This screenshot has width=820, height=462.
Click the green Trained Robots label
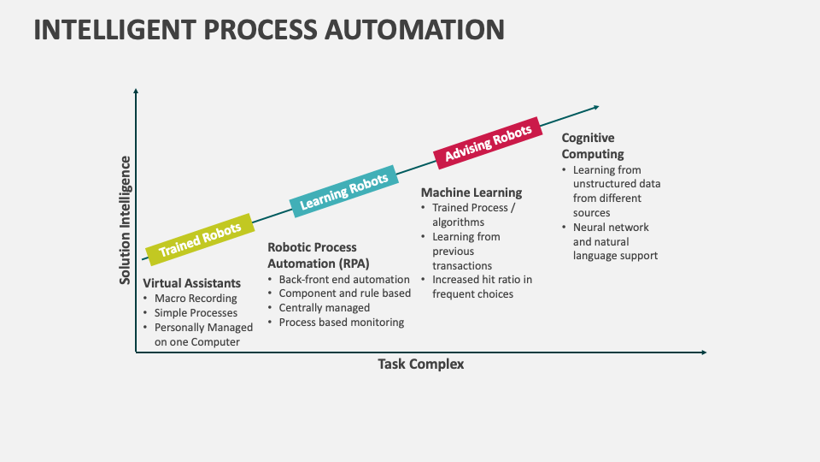(200, 239)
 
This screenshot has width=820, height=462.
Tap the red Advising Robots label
(489, 142)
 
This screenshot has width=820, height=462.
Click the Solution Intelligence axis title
(126, 220)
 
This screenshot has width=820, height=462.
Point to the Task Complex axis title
(421, 364)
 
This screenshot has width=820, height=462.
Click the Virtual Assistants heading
(191, 282)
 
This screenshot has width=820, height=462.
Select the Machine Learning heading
(471, 192)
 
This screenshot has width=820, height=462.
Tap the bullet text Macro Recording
(196, 299)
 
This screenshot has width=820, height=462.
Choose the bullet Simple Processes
(196, 313)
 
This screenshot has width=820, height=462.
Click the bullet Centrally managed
(325, 308)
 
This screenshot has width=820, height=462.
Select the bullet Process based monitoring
(342, 323)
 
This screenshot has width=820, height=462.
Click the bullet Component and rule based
(345, 293)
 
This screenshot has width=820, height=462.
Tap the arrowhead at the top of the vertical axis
(135, 90)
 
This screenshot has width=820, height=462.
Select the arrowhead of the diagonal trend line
(595, 107)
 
